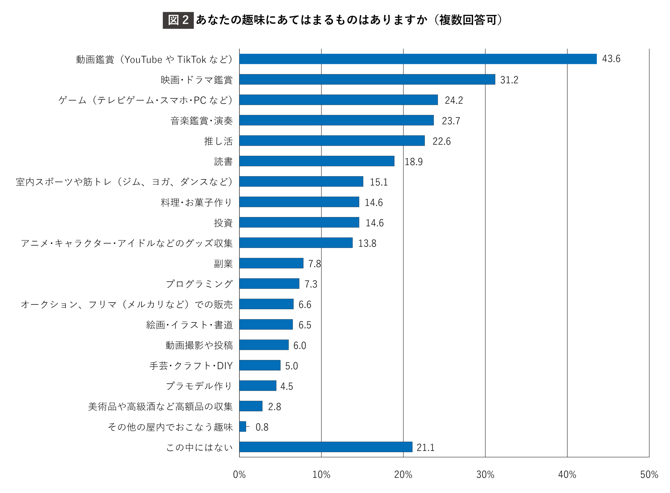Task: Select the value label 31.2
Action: [x=509, y=80]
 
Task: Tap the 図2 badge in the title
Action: [x=178, y=20]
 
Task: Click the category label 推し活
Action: [x=218, y=141]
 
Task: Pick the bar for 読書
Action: [x=317, y=161]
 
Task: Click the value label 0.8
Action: [x=262, y=427]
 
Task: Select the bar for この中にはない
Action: [x=326, y=447]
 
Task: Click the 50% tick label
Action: [x=649, y=474]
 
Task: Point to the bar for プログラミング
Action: [x=269, y=284]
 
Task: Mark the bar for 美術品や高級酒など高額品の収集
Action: [x=251, y=406]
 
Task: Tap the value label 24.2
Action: [x=454, y=100]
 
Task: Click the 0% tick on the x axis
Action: [x=239, y=474]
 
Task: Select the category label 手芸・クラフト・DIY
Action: [x=191, y=366]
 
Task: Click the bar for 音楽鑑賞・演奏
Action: [x=336, y=120]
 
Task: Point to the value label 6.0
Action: [x=299, y=345]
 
